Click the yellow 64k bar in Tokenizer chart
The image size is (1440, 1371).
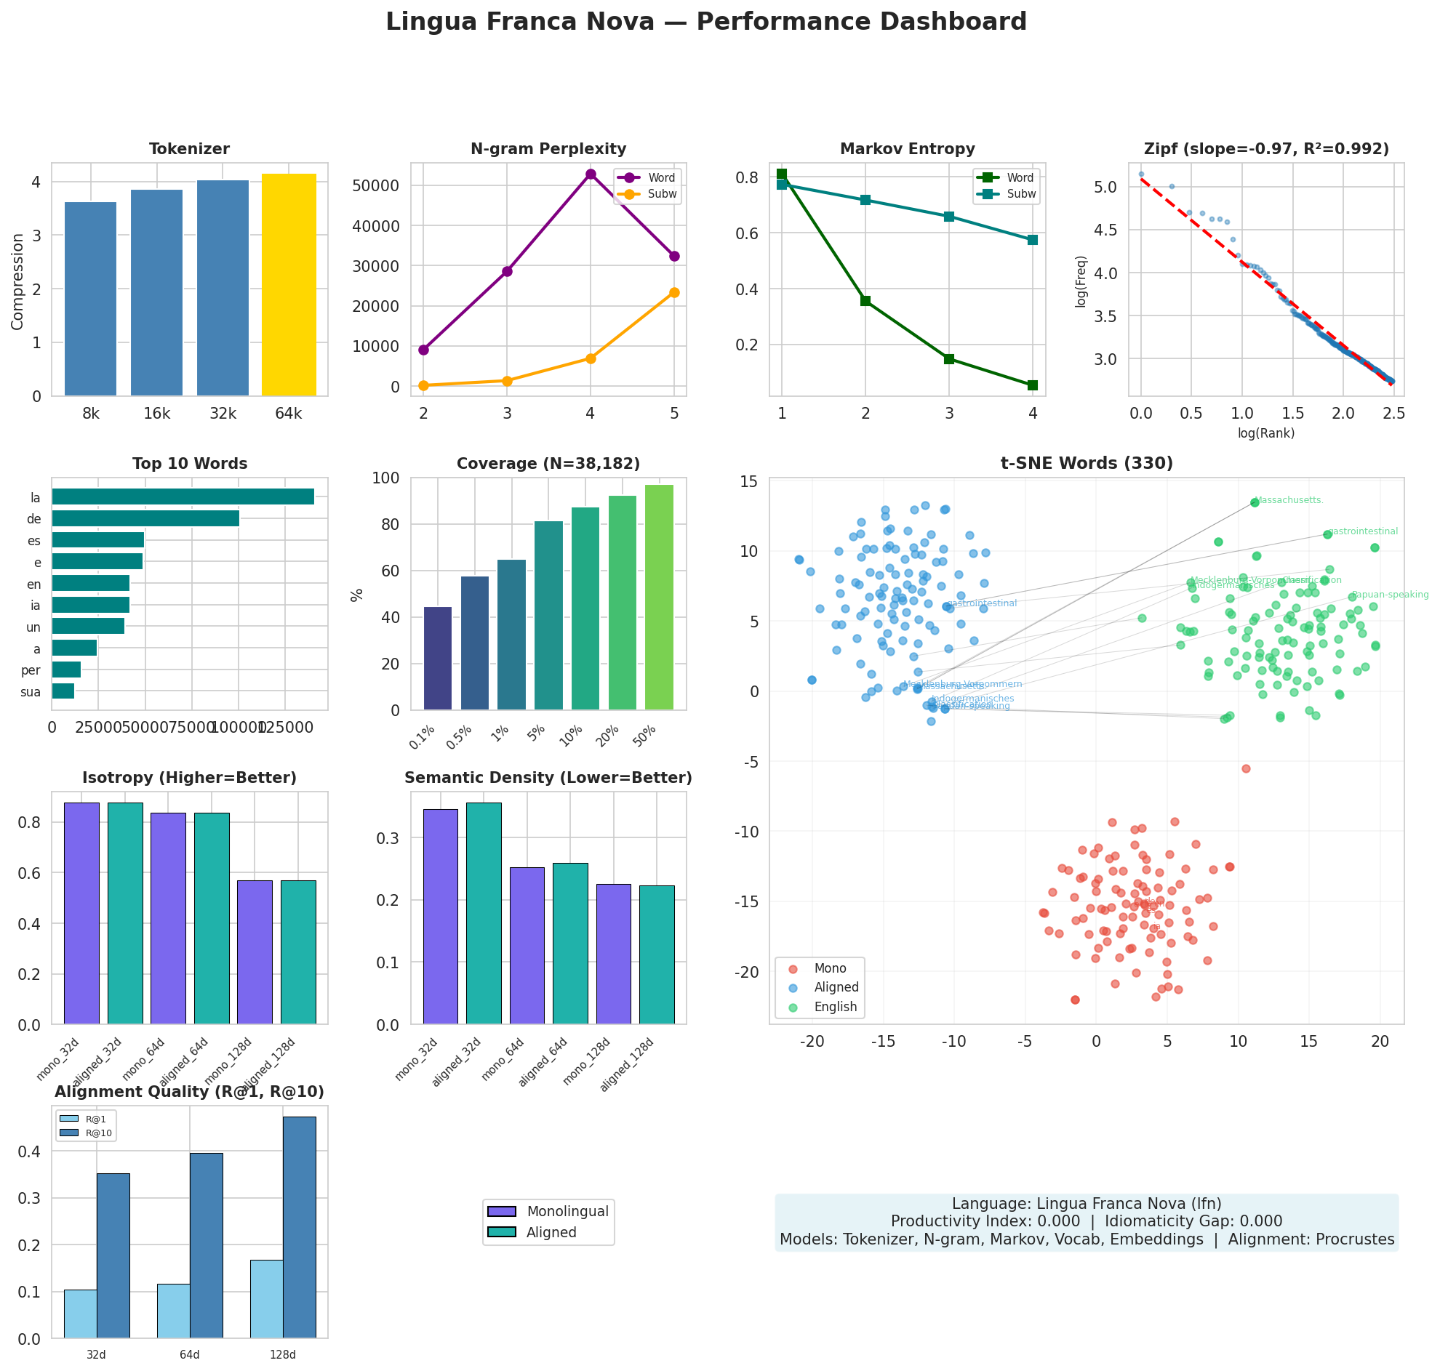click(x=289, y=285)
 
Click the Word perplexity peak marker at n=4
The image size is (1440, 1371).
click(x=591, y=174)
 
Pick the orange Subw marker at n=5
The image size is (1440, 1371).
click(x=674, y=292)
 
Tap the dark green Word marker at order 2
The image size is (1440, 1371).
click(x=865, y=301)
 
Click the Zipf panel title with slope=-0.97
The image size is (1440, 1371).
click(x=1266, y=149)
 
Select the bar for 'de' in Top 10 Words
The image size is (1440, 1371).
click(x=145, y=519)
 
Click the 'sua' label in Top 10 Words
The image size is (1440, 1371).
click(x=31, y=692)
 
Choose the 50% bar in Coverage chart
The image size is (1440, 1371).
click(x=659, y=597)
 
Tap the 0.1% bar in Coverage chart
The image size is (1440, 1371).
click(x=438, y=659)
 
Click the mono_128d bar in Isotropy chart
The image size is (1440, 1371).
click(x=255, y=952)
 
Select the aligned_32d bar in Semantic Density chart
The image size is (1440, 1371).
click(x=484, y=914)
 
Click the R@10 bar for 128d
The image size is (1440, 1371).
click(x=300, y=1228)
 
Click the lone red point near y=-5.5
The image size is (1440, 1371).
click(x=1247, y=769)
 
